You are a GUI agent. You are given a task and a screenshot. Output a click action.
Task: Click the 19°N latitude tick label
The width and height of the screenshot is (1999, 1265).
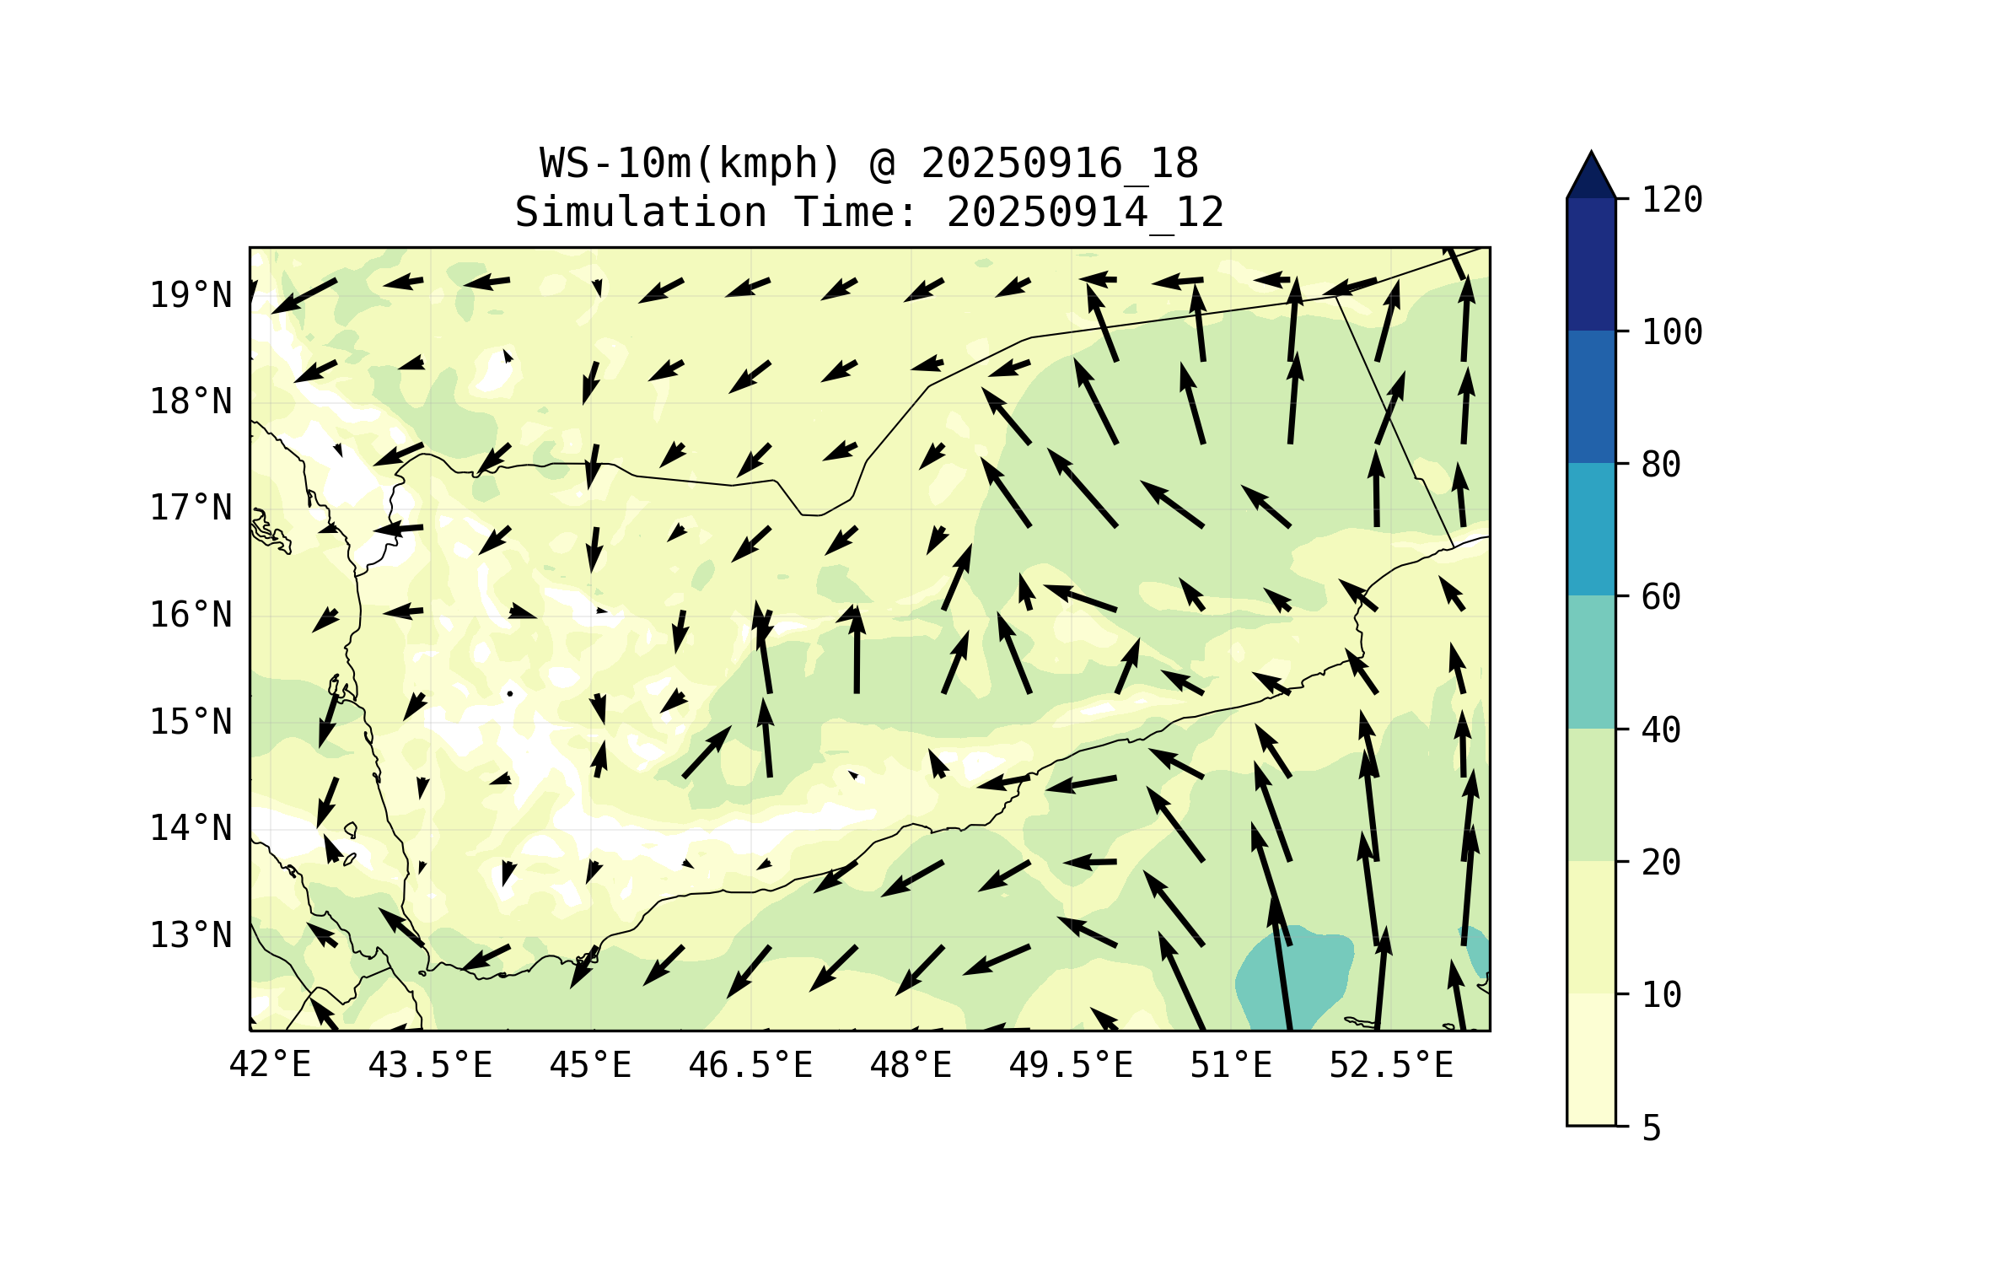[x=191, y=295]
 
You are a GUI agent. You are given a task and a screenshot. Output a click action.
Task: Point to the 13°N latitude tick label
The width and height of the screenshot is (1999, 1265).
[x=191, y=935]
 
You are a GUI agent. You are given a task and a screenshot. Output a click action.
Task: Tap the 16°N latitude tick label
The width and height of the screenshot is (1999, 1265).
[x=191, y=615]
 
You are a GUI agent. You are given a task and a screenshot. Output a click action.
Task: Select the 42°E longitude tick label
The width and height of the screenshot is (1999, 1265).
[x=270, y=1065]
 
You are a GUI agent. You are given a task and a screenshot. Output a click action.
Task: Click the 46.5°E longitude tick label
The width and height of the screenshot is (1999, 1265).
[x=750, y=1065]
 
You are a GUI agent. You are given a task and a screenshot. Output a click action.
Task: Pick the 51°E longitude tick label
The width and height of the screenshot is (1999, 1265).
[x=1231, y=1065]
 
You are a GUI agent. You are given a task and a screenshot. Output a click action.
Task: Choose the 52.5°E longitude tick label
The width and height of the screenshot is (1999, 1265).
[x=1391, y=1065]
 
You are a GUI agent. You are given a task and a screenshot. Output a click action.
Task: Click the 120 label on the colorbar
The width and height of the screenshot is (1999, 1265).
[x=1672, y=200]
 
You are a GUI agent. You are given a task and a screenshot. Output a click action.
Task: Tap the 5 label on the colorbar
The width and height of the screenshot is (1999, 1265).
[x=1652, y=1128]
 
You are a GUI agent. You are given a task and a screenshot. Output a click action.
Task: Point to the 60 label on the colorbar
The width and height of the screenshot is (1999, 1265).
[x=1662, y=597]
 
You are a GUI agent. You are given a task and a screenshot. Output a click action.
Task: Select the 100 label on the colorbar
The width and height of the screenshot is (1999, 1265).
[x=1672, y=332]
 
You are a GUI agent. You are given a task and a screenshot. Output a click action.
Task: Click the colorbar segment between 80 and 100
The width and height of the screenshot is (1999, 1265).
[x=1591, y=396]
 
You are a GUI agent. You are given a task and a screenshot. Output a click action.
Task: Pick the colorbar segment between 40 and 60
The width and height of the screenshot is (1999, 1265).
[x=1591, y=662]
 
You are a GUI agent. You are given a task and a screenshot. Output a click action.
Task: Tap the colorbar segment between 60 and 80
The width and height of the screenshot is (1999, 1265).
[x=1591, y=529]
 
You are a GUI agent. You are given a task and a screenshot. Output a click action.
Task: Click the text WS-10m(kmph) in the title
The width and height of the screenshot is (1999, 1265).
[x=691, y=164]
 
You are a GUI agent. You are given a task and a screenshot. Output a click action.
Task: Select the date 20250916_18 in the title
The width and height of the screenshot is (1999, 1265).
[x=1059, y=164]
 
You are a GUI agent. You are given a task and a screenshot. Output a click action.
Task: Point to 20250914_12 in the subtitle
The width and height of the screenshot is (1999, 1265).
[x=1085, y=213]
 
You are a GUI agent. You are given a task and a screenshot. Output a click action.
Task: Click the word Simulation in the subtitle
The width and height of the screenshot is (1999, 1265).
[x=641, y=213]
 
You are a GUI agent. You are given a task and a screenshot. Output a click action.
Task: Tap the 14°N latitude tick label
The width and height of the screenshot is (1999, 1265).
[x=191, y=828]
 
